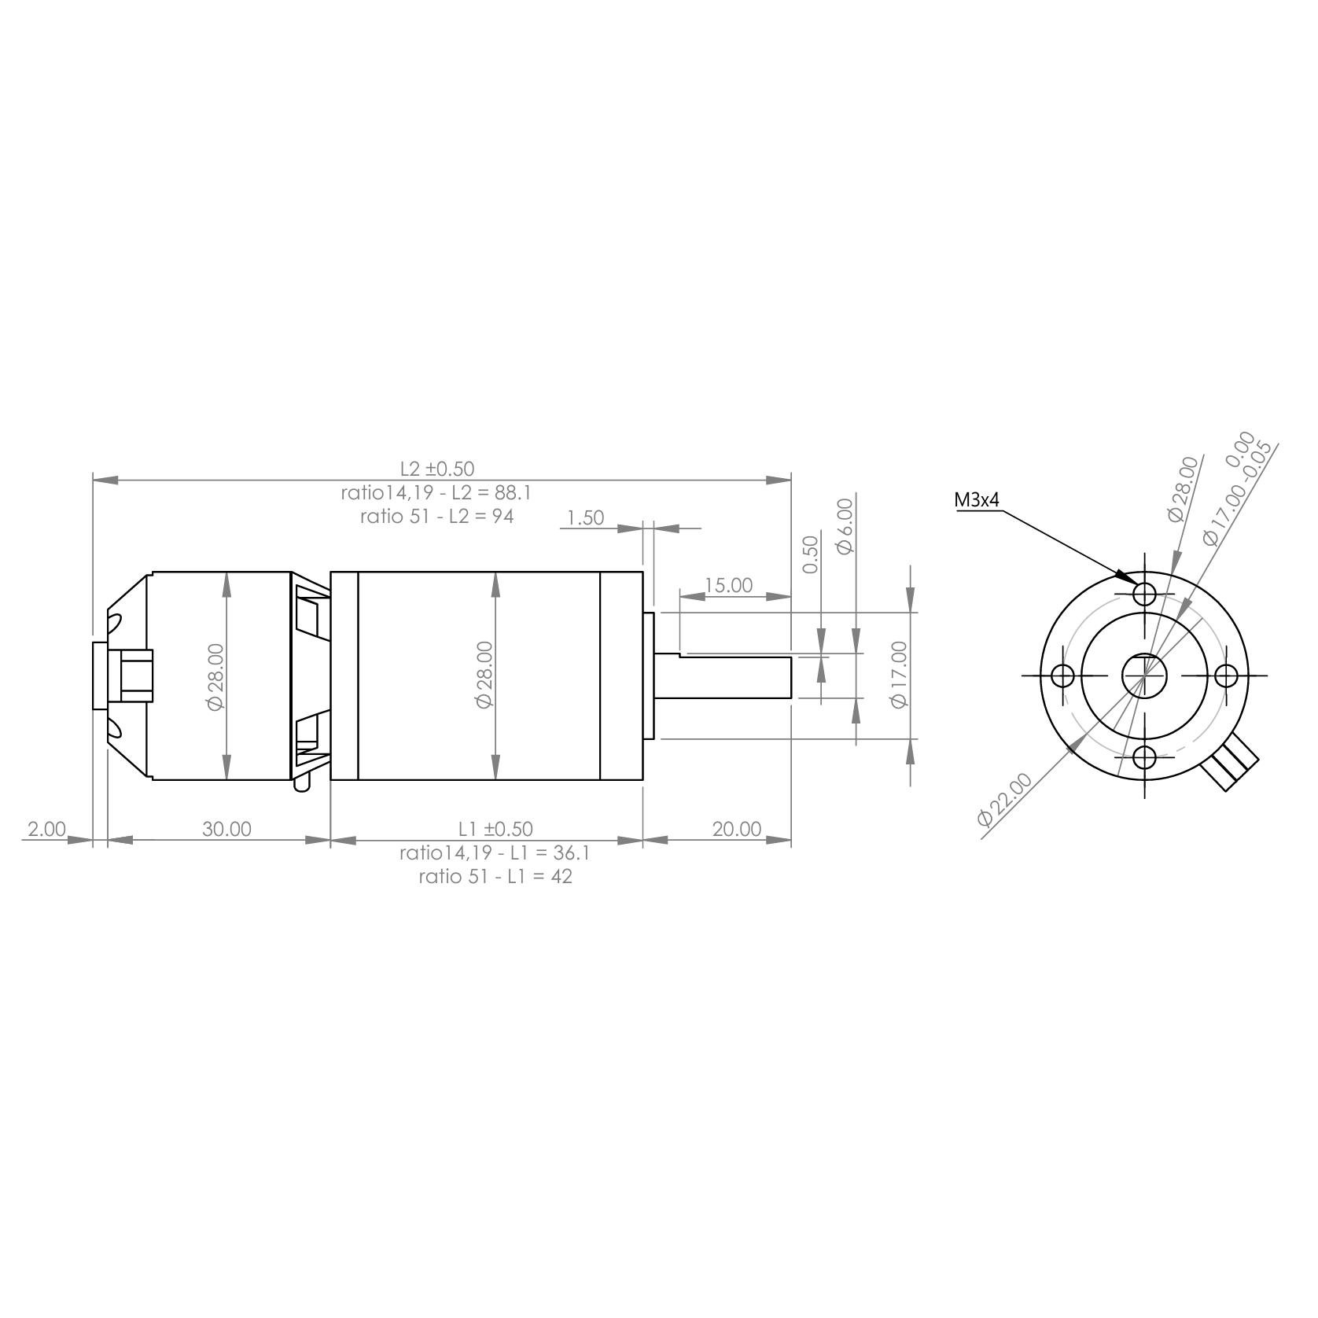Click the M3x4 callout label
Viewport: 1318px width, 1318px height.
click(977, 499)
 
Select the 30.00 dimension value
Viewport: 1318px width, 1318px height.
click(226, 829)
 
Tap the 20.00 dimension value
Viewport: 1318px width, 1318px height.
click(737, 829)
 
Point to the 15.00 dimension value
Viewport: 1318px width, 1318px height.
click(728, 585)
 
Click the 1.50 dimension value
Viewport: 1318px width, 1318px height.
click(585, 517)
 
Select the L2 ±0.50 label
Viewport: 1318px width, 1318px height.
click(437, 469)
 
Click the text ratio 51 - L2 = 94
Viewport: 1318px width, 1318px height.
click(437, 517)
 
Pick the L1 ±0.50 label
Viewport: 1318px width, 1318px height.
click(495, 829)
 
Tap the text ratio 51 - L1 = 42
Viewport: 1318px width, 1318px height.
click(495, 877)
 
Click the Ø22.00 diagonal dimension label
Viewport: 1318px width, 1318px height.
click(1004, 799)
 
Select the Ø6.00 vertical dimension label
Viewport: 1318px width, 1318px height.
click(845, 526)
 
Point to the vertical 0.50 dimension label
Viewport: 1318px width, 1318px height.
click(812, 554)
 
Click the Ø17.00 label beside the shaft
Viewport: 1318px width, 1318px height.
click(899, 675)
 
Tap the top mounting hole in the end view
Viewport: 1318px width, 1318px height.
click(1145, 592)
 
